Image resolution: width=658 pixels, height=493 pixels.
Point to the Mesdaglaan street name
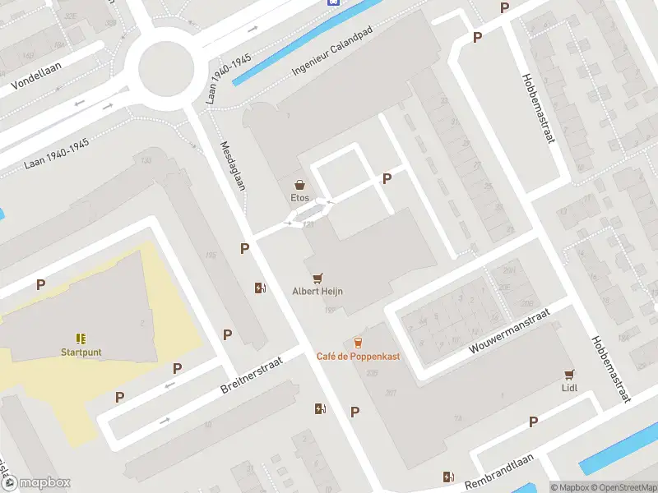pyautogui.click(x=233, y=165)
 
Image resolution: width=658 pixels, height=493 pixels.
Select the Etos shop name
pyautogui.click(x=300, y=198)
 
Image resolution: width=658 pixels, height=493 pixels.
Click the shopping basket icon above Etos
pyautogui.click(x=300, y=185)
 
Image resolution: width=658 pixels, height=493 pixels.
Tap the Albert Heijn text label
pyautogui.click(x=317, y=291)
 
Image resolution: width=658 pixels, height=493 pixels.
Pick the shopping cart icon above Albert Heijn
pyautogui.click(x=317, y=279)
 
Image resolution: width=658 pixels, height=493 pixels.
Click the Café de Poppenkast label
pyautogui.click(x=358, y=356)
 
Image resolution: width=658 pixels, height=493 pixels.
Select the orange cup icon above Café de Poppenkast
pyautogui.click(x=358, y=342)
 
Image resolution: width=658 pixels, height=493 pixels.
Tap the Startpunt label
pyautogui.click(x=81, y=352)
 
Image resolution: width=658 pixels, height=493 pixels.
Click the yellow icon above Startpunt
pyautogui.click(x=81, y=338)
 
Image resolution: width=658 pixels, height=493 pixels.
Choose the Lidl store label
pyautogui.click(x=568, y=387)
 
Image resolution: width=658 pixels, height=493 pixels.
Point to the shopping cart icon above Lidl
pyautogui.click(x=568, y=374)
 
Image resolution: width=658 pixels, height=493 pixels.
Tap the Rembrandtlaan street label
pyautogui.click(x=499, y=473)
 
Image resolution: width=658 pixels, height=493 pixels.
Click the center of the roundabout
pyautogui.click(x=165, y=69)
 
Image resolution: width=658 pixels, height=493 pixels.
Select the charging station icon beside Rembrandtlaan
pyautogui.click(x=448, y=477)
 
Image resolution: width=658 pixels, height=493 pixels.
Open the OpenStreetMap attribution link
pyautogui.click(x=623, y=487)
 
